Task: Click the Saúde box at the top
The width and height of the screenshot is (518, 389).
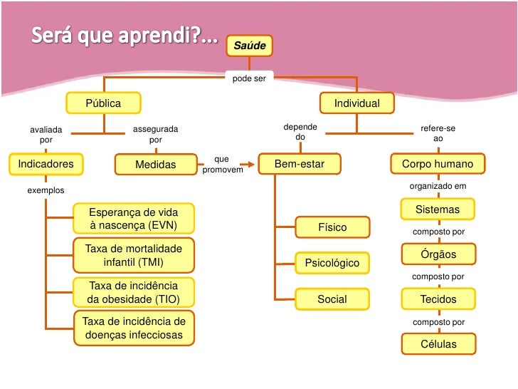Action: click(249, 46)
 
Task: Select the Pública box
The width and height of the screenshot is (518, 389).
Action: click(104, 103)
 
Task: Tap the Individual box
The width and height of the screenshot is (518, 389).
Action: click(357, 103)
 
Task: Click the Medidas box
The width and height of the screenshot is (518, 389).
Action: click(156, 165)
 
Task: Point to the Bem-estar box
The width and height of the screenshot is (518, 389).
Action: click(300, 165)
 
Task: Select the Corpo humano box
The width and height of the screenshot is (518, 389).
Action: click(438, 164)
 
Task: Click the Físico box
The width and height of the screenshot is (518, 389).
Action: click(332, 227)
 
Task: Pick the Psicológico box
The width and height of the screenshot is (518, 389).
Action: click(332, 263)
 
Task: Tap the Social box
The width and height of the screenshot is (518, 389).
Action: click(332, 299)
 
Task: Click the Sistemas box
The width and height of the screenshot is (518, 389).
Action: click(438, 209)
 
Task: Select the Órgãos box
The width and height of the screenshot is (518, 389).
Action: click(438, 254)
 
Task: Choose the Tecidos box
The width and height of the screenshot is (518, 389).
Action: click(438, 299)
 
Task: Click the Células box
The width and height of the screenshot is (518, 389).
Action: click(438, 344)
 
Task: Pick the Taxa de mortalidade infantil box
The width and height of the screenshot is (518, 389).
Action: click(134, 255)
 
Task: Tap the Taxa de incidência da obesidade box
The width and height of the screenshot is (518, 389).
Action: click(134, 292)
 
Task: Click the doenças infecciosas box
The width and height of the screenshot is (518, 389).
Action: click(134, 328)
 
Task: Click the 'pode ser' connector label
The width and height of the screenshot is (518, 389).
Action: click(249, 78)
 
